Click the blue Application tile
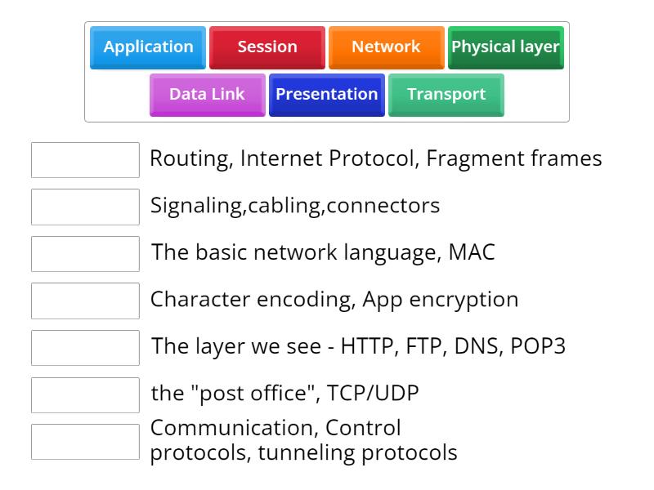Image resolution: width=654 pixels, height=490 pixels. pyautogui.click(x=148, y=47)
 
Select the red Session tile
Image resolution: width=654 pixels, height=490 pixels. pyautogui.click(x=267, y=47)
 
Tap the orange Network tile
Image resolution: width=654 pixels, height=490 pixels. pyautogui.click(x=386, y=47)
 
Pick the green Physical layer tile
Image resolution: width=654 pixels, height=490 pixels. pyautogui.click(x=505, y=47)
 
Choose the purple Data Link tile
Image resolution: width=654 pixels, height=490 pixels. pyautogui.click(x=207, y=95)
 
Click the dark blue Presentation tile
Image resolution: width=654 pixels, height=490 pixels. pyautogui.click(x=326, y=95)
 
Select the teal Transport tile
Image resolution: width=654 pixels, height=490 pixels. pyautogui.click(x=446, y=95)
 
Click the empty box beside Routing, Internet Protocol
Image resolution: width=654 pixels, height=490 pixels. pyautogui.click(x=85, y=160)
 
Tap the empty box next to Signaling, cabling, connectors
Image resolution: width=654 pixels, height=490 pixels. pyautogui.click(x=85, y=207)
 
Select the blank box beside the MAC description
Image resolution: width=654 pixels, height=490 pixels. pyautogui.click(x=85, y=254)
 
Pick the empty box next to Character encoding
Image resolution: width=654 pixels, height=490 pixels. pyautogui.click(x=85, y=301)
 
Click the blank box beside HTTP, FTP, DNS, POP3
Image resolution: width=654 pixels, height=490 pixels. pyautogui.click(x=85, y=348)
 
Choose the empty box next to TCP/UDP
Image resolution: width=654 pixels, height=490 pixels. pyautogui.click(x=85, y=394)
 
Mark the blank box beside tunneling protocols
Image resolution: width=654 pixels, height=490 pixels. pyautogui.click(x=85, y=442)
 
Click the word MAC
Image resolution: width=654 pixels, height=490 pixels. pyautogui.click(x=472, y=252)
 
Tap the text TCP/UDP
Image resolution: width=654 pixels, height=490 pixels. pyautogui.click(x=373, y=394)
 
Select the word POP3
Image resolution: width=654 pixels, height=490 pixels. pyautogui.click(x=538, y=346)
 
